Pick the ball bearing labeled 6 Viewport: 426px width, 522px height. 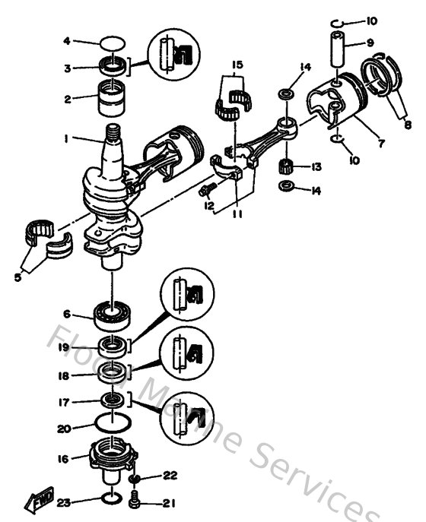tap(114, 312)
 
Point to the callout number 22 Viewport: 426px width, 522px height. tap(169, 476)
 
